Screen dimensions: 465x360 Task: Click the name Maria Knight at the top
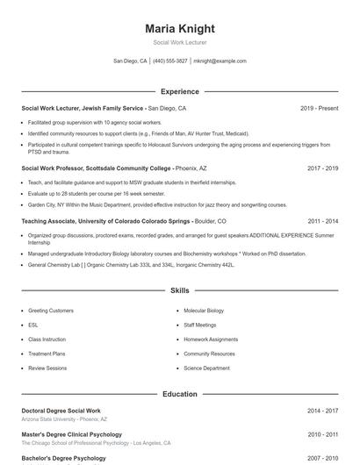[180, 29]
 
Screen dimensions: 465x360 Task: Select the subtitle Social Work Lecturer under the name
[180, 43]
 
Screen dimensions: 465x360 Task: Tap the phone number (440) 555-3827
[170, 61]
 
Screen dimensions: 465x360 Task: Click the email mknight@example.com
[220, 61]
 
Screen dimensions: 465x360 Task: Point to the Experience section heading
[180, 91]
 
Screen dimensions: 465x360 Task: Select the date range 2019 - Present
[319, 108]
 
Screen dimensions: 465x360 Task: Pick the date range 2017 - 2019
[322, 168]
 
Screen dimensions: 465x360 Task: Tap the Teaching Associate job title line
[123, 222]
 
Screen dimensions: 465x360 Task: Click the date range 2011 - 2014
[322, 222]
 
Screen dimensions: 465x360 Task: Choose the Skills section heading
[180, 290]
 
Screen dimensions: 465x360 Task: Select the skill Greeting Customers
[51, 311]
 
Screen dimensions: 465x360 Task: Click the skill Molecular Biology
[204, 311]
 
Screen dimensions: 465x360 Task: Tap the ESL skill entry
[33, 325]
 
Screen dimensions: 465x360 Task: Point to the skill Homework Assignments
[211, 340]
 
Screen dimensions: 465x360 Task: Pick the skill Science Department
[207, 368]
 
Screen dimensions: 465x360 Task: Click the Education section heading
[180, 394]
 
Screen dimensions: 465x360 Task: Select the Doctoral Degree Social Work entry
[61, 411]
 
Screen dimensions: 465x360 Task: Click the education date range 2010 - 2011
[322, 434]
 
